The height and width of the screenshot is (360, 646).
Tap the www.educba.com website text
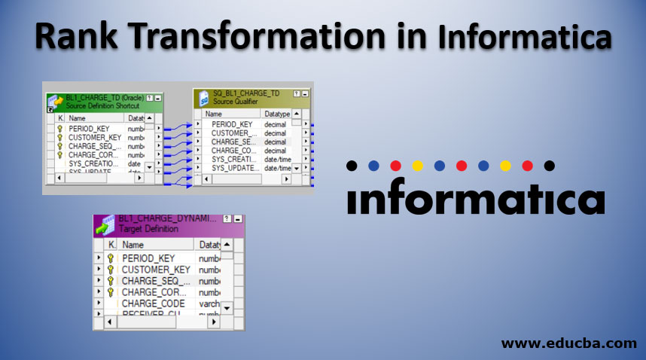tap(569, 343)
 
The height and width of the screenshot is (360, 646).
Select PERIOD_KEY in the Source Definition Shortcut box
tap(90, 129)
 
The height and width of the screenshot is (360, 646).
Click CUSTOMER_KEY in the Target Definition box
tap(156, 269)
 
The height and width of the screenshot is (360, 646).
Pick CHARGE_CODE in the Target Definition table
tap(153, 304)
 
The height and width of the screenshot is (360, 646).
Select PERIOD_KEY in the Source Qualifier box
tap(232, 124)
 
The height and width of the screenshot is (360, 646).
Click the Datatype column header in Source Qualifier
tap(277, 114)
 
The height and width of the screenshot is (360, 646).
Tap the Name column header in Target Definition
tap(133, 245)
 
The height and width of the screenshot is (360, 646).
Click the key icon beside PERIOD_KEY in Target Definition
tap(110, 258)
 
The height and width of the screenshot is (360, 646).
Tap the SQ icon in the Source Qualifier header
tap(203, 99)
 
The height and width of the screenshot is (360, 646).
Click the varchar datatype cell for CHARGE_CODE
tap(208, 304)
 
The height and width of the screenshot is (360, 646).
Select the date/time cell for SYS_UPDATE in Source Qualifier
tap(277, 168)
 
